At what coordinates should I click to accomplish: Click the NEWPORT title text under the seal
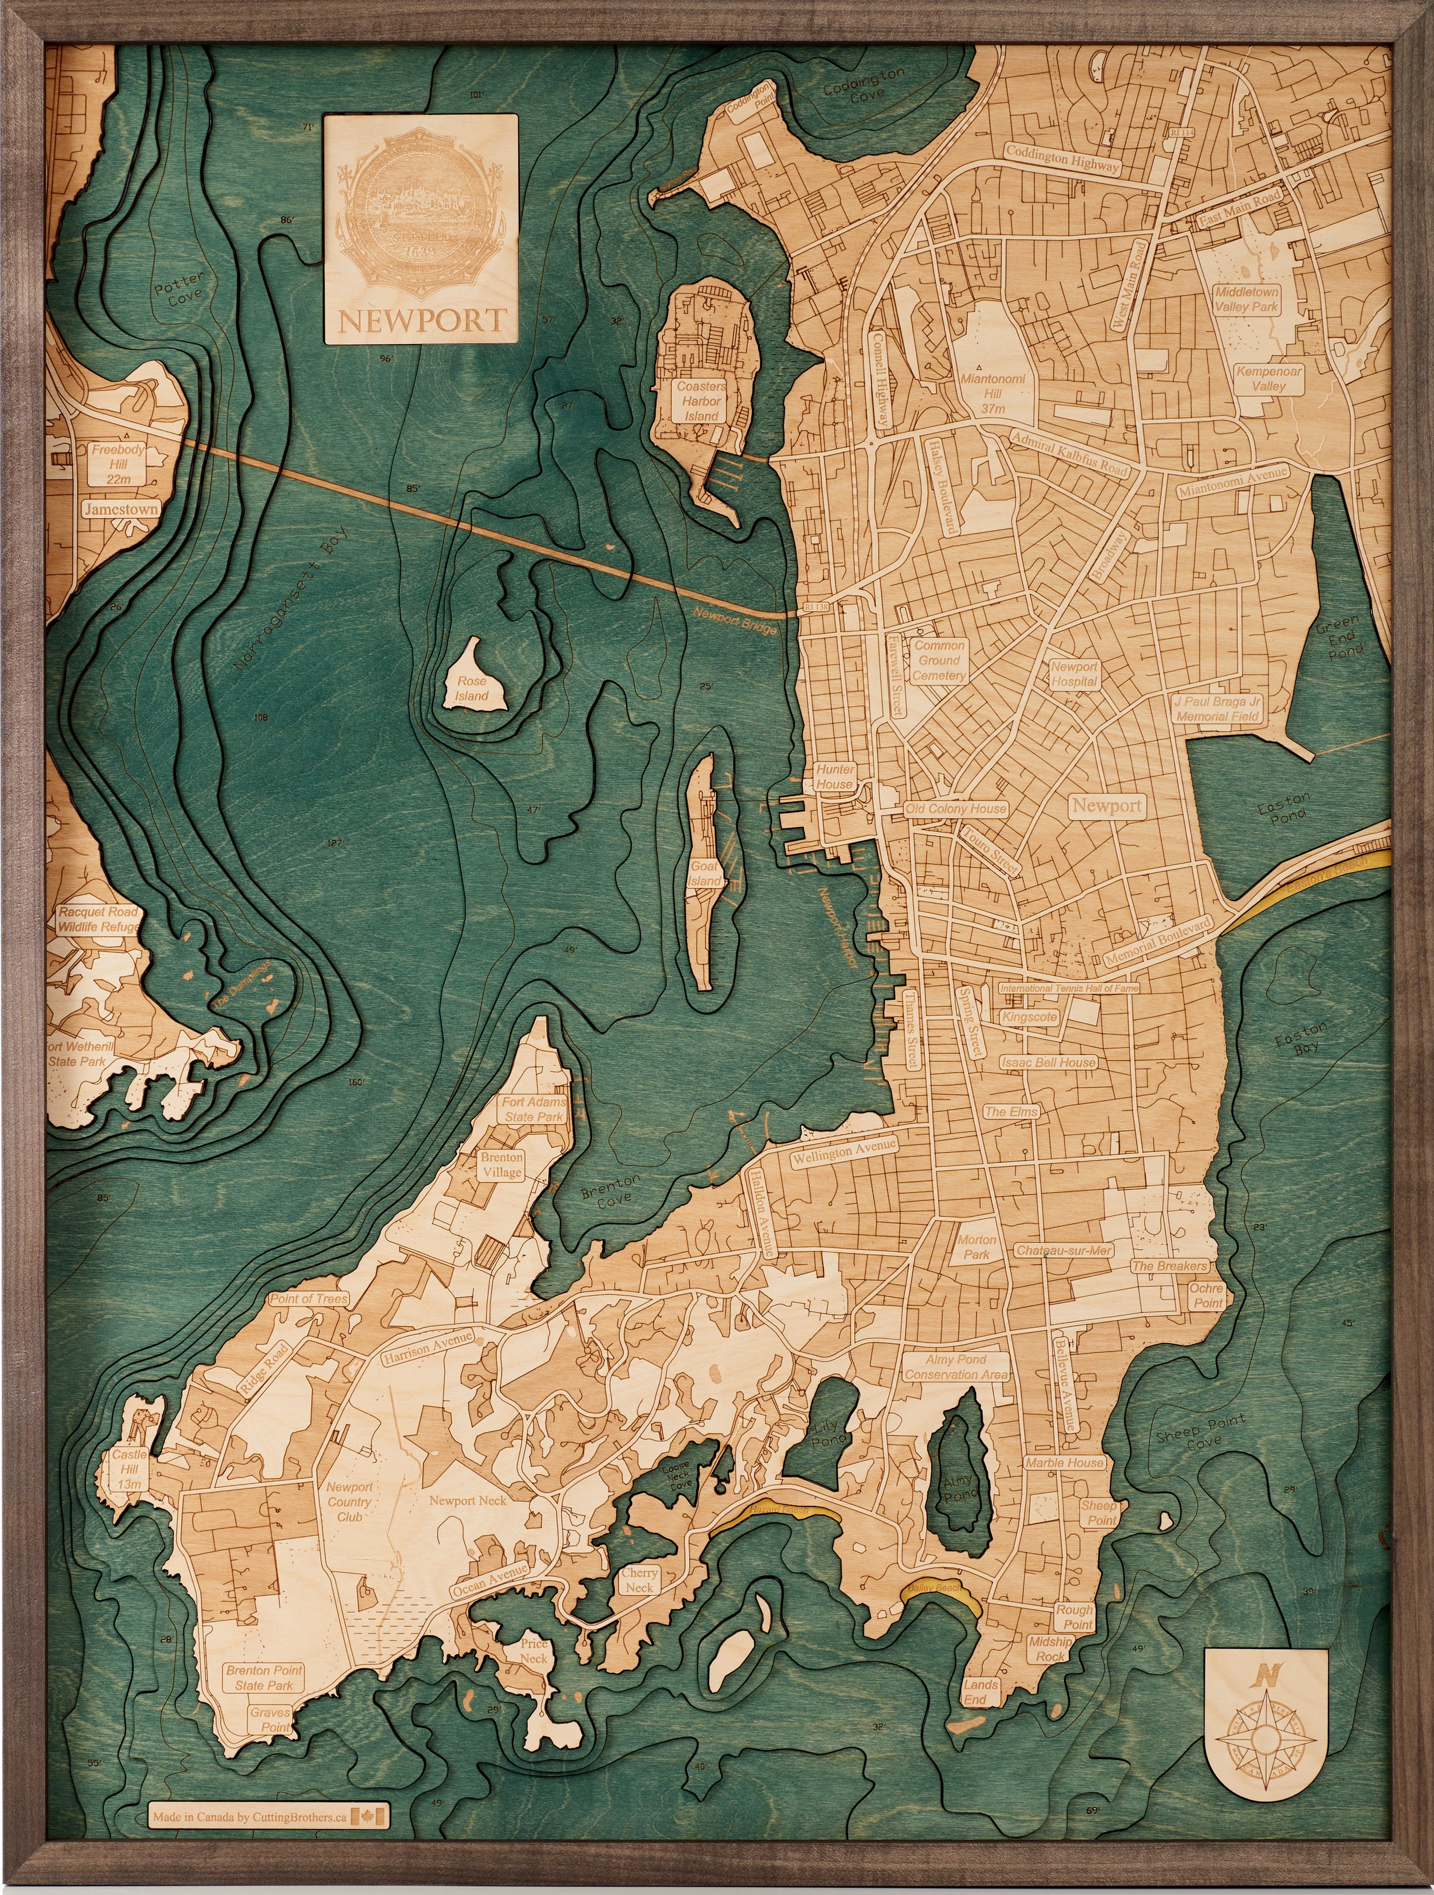tap(422, 320)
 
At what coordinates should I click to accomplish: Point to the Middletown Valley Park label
tap(1247, 299)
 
